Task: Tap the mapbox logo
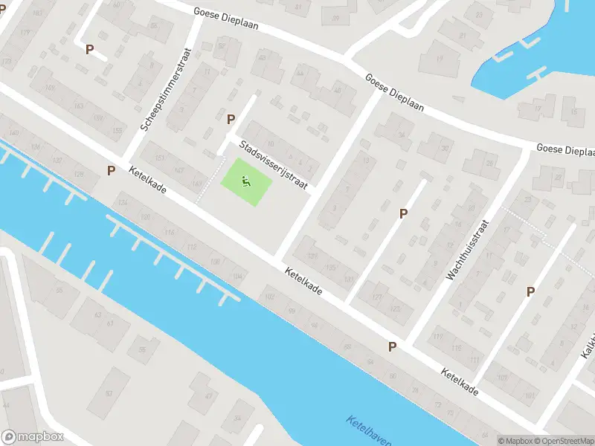coord(33,437)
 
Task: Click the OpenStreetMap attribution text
coord(568,441)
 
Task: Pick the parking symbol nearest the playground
coord(231,119)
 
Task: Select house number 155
coord(117,131)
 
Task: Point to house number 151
coord(158,158)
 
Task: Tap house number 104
coord(237,276)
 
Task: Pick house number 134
coord(123,203)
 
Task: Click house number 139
coord(312,256)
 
